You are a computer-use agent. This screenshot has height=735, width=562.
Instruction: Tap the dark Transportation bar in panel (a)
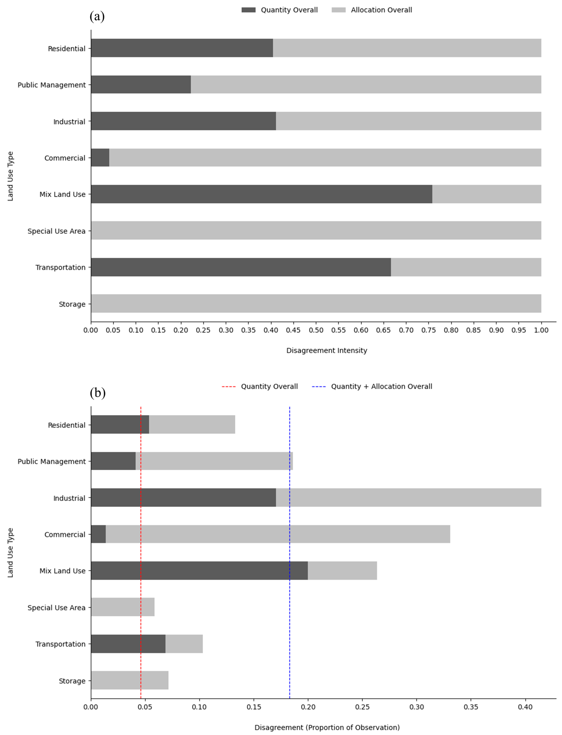pyautogui.click(x=241, y=267)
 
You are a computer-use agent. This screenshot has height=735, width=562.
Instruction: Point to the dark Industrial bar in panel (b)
pyautogui.click(x=183, y=497)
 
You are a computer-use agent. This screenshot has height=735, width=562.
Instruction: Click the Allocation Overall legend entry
pyautogui.click(x=372, y=10)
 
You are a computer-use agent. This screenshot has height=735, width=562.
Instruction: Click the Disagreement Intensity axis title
pyautogui.click(x=326, y=350)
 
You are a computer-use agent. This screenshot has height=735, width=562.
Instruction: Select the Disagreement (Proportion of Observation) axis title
pyautogui.click(x=327, y=727)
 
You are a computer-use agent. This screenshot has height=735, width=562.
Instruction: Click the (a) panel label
pyautogui.click(x=97, y=16)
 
